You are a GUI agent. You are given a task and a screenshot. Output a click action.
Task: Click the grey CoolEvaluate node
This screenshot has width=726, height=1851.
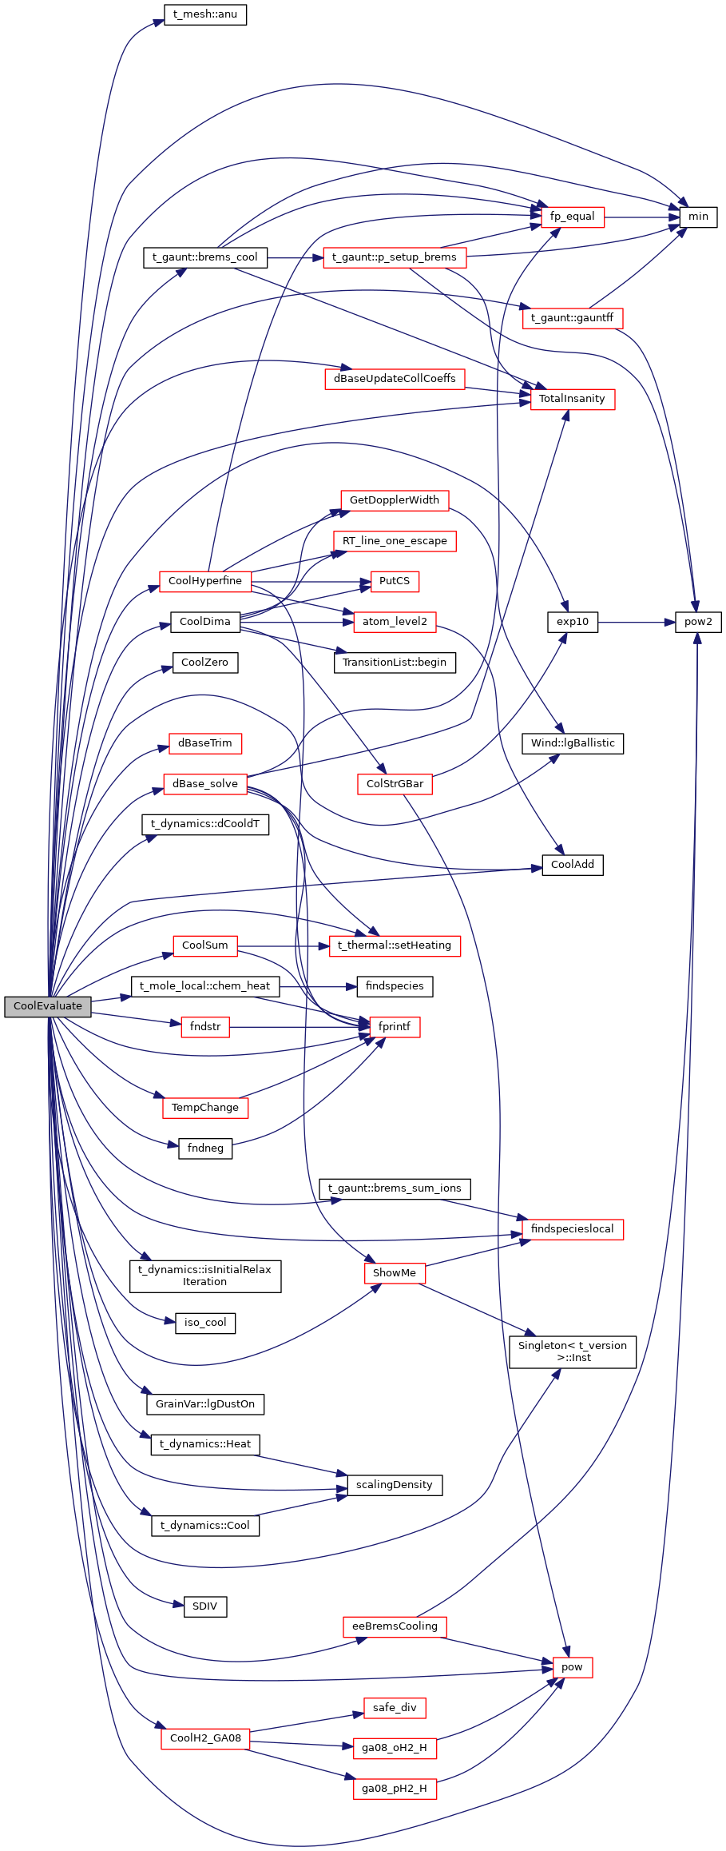(x=48, y=1006)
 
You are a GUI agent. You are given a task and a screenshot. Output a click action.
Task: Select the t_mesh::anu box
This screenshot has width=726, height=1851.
(x=204, y=14)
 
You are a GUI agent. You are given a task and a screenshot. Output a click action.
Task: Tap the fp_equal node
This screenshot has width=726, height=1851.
(x=572, y=217)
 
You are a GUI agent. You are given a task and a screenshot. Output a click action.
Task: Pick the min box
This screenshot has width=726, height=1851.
(x=698, y=217)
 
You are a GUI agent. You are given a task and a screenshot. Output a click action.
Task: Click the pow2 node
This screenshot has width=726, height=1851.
(x=698, y=622)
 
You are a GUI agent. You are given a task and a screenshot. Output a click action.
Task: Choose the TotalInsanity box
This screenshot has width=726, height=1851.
(x=572, y=399)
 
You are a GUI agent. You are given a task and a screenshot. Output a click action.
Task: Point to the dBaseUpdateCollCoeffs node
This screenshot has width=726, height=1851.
(x=395, y=379)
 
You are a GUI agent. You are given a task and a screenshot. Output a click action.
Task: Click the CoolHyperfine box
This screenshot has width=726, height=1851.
(x=205, y=581)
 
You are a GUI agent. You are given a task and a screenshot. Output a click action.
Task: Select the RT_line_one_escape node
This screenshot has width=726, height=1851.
(x=395, y=541)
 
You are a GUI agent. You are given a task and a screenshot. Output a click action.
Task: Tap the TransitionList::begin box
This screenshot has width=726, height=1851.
(x=395, y=663)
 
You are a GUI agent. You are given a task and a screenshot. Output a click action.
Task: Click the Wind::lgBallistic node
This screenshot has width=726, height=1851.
(x=573, y=743)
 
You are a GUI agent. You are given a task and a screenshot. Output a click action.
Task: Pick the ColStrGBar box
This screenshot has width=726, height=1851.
(x=395, y=784)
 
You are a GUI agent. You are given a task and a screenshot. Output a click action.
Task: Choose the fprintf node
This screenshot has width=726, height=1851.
(x=395, y=1027)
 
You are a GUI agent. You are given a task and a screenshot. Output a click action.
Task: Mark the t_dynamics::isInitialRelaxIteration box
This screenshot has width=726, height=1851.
(x=205, y=1276)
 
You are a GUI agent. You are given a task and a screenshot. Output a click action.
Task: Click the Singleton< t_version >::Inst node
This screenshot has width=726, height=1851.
(x=573, y=1351)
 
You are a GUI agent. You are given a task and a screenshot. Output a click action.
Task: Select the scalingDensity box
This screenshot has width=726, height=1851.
(x=395, y=1485)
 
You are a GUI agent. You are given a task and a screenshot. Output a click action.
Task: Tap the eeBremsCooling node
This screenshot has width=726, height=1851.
(x=395, y=1626)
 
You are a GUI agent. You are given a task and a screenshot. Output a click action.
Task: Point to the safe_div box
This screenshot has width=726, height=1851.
(x=395, y=1708)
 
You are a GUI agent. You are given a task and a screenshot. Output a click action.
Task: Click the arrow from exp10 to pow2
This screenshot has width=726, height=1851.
(x=637, y=622)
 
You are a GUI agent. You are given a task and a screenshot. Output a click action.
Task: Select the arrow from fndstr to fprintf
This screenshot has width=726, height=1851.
(x=300, y=1027)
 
